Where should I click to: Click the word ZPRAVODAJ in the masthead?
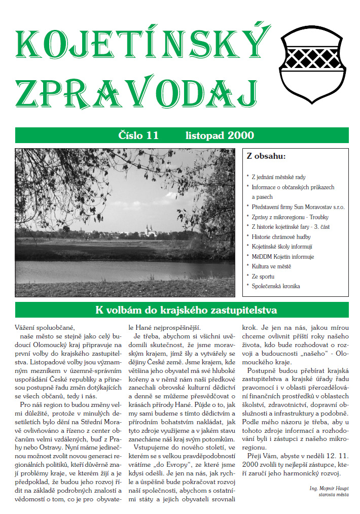click(134, 96)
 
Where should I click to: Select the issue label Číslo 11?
click(138, 135)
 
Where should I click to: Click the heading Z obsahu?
click(266, 156)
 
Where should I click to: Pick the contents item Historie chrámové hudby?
click(281, 236)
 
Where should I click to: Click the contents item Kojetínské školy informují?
click(282, 247)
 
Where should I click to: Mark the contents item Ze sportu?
click(263, 277)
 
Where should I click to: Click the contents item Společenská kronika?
click(276, 286)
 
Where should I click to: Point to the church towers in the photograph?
click(150, 229)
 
